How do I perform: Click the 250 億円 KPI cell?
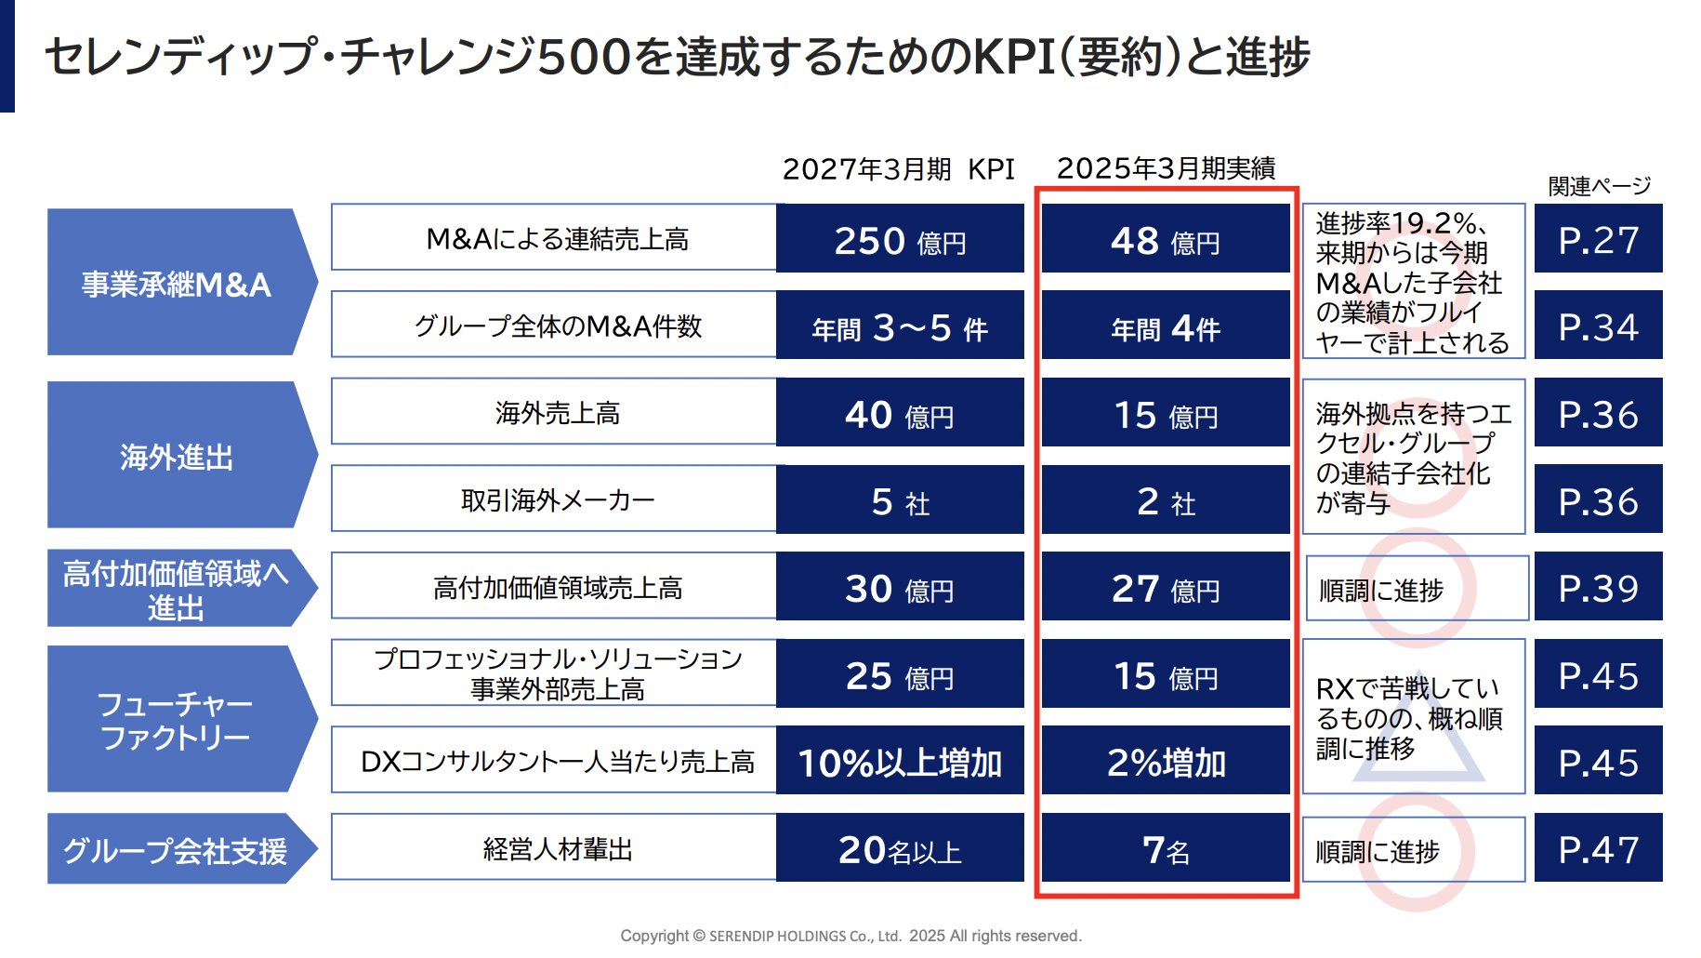[x=900, y=239]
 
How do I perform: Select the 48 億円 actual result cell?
[x=1166, y=239]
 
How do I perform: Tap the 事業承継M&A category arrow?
[x=177, y=283]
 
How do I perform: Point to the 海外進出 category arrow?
[x=177, y=456]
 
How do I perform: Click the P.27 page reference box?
[x=1598, y=239]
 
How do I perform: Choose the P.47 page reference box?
[x=1598, y=849]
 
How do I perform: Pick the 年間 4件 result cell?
[x=1166, y=326]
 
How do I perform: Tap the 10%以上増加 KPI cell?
[x=900, y=762]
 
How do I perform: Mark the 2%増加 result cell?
[x=1166, y=762]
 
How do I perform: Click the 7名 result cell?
[x=1166, y=849]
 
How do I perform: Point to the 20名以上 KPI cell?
[x=900, y=849]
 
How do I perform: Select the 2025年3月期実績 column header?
[x=1166, y=168]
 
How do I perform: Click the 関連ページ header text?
[x=1599, y=186]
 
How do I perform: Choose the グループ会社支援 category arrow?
[x=177, y=849]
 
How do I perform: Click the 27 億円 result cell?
[x=1166, y=587]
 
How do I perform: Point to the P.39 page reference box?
[x=1598, y=587]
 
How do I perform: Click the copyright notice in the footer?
[x=850, y=936]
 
